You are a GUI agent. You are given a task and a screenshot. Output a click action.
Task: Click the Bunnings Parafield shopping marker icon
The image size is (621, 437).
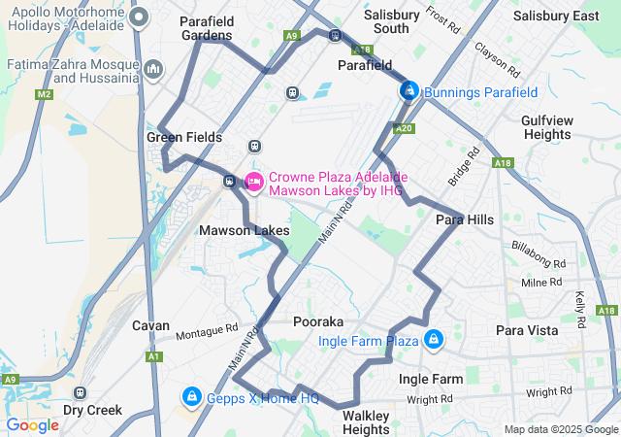[x=409, y=91]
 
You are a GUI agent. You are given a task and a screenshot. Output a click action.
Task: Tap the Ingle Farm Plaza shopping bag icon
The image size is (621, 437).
[x=433, y=340]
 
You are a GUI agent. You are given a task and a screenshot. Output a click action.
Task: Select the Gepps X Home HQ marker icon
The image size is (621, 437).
[x=191, y=397]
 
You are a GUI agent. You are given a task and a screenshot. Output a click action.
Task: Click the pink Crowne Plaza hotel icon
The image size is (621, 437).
[x=254, y=181]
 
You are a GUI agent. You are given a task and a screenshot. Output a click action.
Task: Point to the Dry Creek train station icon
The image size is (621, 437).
[x=80, y=393]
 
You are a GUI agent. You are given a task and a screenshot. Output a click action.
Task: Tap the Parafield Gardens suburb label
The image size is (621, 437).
[x=206, y=27]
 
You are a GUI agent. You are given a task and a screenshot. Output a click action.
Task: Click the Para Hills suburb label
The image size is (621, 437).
[x=464, y=219]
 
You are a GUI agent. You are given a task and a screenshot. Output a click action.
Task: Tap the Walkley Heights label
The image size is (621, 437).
[x=366, y=422]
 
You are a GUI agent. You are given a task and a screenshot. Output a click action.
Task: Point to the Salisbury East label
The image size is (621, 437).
[x=556, y=17]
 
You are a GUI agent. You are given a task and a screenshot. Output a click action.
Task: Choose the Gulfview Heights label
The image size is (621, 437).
[x=547, y=127]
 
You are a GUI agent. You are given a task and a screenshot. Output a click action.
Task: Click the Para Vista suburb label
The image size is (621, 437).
[x=527, y=330]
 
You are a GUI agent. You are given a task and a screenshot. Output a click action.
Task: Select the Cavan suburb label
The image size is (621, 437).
[x=150, y=326]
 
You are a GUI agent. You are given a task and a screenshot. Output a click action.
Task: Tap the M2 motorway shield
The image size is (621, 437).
[x=44, y=94]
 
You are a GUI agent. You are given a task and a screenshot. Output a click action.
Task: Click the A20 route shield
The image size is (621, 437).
[x=406, y=128]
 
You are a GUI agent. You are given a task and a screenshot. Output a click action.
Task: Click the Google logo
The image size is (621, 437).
[x=33, y=424]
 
